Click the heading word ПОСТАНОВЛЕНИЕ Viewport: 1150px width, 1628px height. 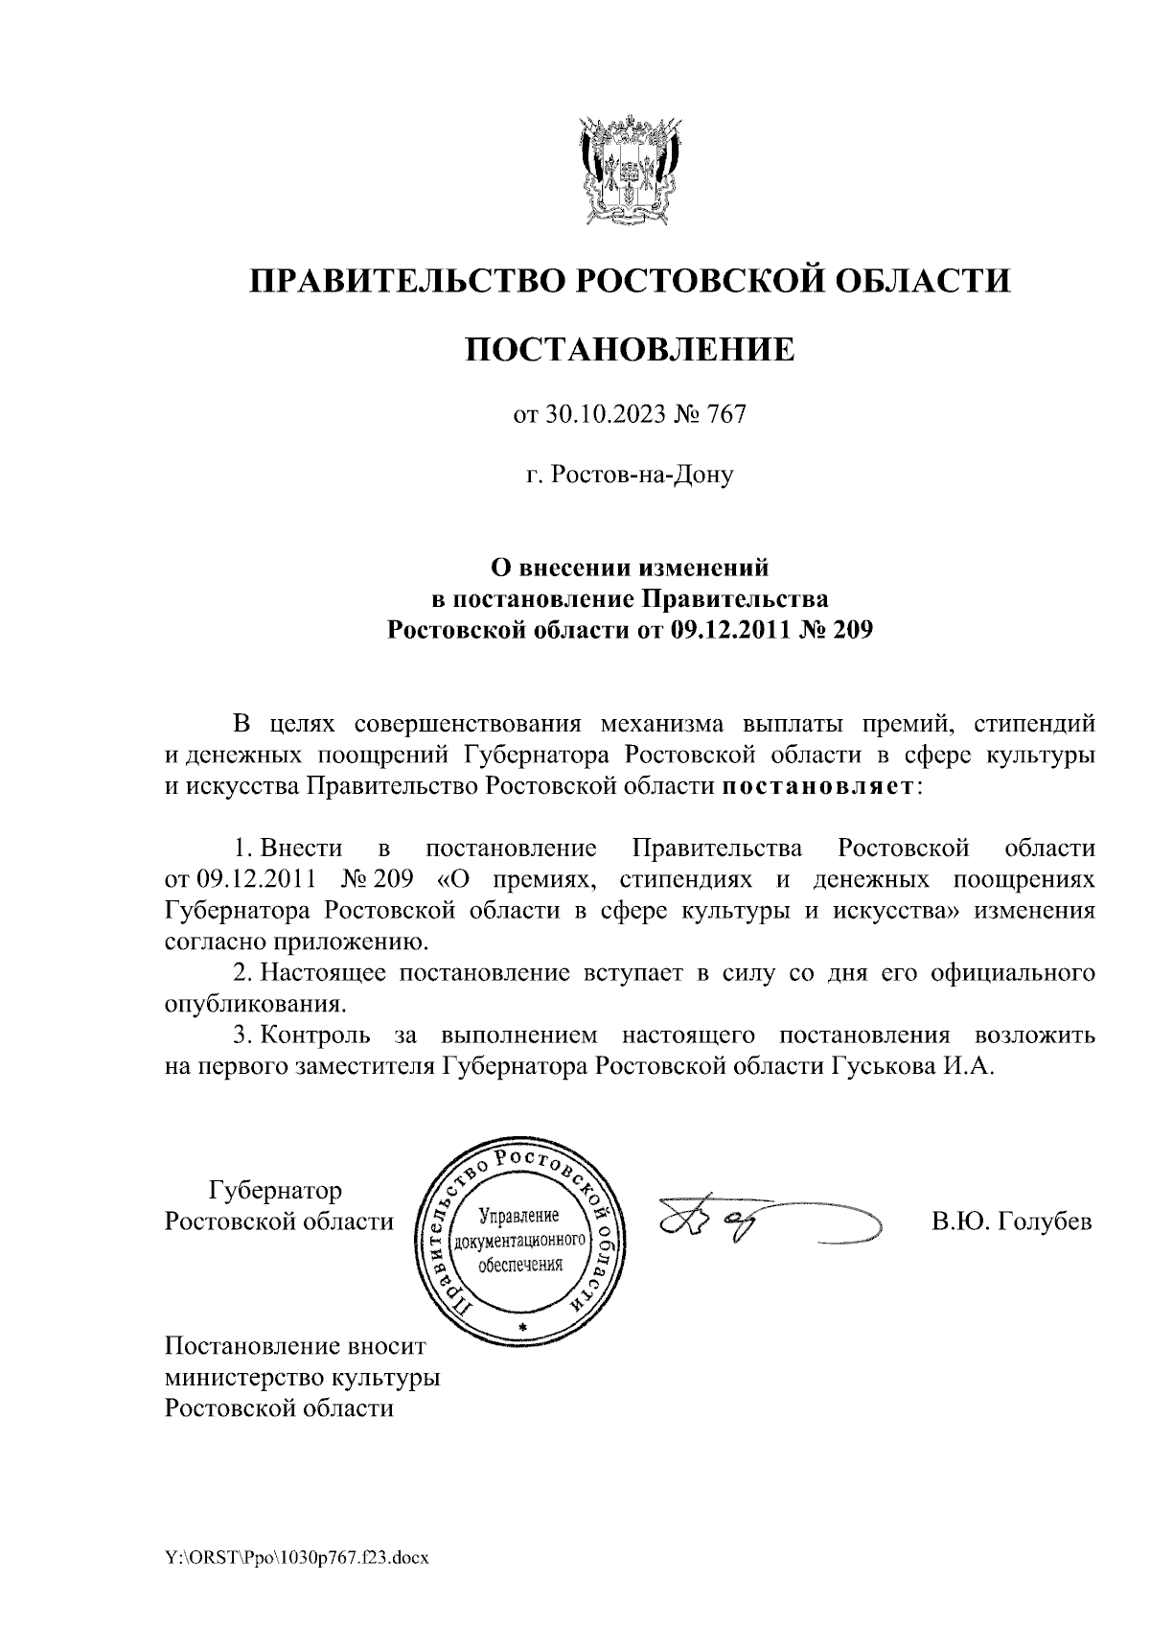[x=630, y=350]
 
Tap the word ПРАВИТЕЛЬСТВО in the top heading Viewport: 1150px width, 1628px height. [x=403, y=281]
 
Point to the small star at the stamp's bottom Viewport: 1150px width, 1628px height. [x=522, y=1325]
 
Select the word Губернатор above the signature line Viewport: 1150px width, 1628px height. [x=275, y=1191]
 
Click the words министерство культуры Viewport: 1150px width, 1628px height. [x=302, y=1378]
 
